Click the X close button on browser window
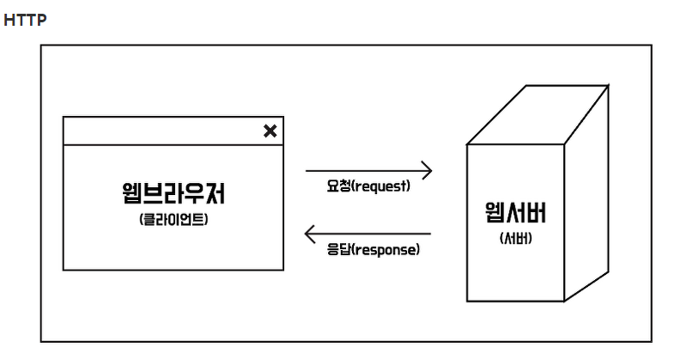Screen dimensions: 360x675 270,131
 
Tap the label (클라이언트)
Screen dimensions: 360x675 173,219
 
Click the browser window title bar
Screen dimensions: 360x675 163,131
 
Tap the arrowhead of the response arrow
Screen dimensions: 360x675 311,233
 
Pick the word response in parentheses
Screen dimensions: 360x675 385,250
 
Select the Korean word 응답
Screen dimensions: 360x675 337,250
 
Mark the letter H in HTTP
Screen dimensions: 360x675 9,20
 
